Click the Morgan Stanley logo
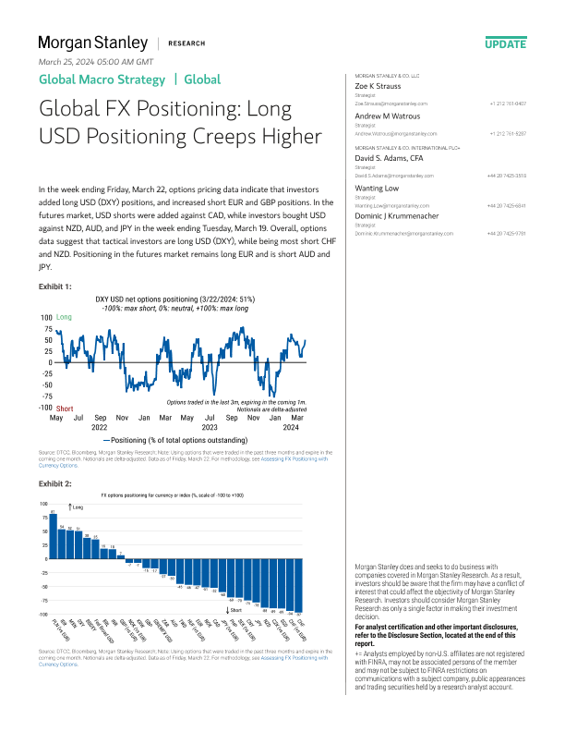click(92, 43)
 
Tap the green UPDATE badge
click(505, 43)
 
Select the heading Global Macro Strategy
click(101, 79)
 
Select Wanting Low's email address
click(381, 206)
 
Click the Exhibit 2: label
click(54, 482)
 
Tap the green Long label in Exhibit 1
click(64, 317)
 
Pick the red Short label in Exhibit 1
click(65, 408)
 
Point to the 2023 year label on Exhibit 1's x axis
click(210, 428)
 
